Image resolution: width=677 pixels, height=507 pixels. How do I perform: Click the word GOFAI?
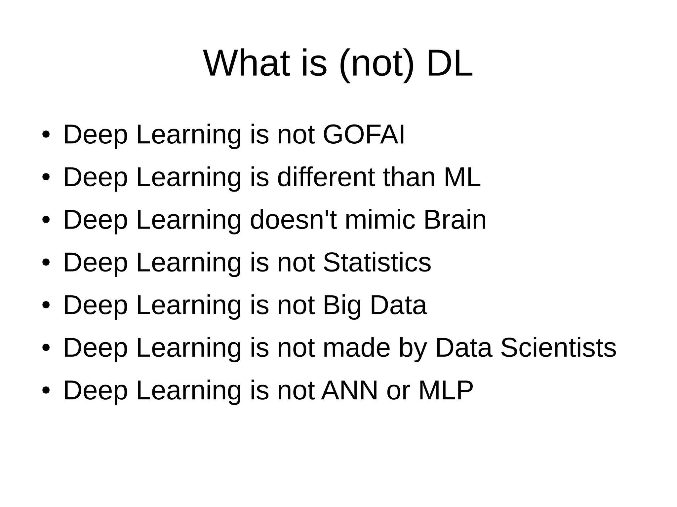(x=364, y=135)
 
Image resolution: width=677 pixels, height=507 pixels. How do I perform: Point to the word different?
(x=326, y=177)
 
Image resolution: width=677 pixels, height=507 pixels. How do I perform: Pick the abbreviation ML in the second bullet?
(x=462, y=177)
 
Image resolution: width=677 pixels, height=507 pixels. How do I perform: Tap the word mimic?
(x=380, y=220)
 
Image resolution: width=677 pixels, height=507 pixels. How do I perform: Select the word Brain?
(x=455, y=220)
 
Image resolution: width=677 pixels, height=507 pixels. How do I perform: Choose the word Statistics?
(x=377, y=262)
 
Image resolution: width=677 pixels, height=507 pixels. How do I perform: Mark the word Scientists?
(x=558, y=347)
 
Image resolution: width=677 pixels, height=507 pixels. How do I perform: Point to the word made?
(x=357, y=347)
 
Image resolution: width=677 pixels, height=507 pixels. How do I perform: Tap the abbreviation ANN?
(x=350, y=390)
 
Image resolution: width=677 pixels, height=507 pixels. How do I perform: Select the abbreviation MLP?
(x=446, y=390)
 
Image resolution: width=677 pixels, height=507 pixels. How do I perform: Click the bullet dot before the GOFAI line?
(x=46, y=135)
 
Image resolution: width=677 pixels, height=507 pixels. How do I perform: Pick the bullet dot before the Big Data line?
(x=46, y=306)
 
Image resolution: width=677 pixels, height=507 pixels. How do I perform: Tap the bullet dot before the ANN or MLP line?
(x=46, y=391)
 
